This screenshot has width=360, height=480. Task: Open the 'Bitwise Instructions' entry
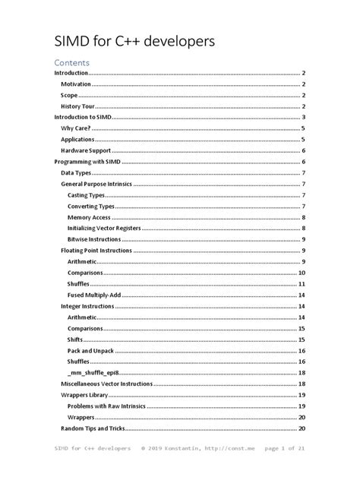99,239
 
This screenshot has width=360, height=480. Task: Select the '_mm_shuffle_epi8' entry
96,373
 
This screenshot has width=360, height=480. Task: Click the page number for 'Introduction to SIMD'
303,118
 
